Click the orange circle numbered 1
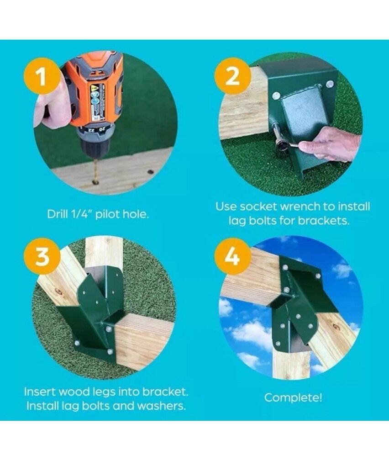tap(42, 75)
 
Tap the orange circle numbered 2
tap(232, 75)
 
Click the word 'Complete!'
tap(293, 397)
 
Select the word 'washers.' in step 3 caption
tap(163, 406)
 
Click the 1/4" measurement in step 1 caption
tap(80, 214)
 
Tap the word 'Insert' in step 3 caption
tap(39, 392)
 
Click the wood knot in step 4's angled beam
tap(337, 327)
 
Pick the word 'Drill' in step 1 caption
tap(56, 214)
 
